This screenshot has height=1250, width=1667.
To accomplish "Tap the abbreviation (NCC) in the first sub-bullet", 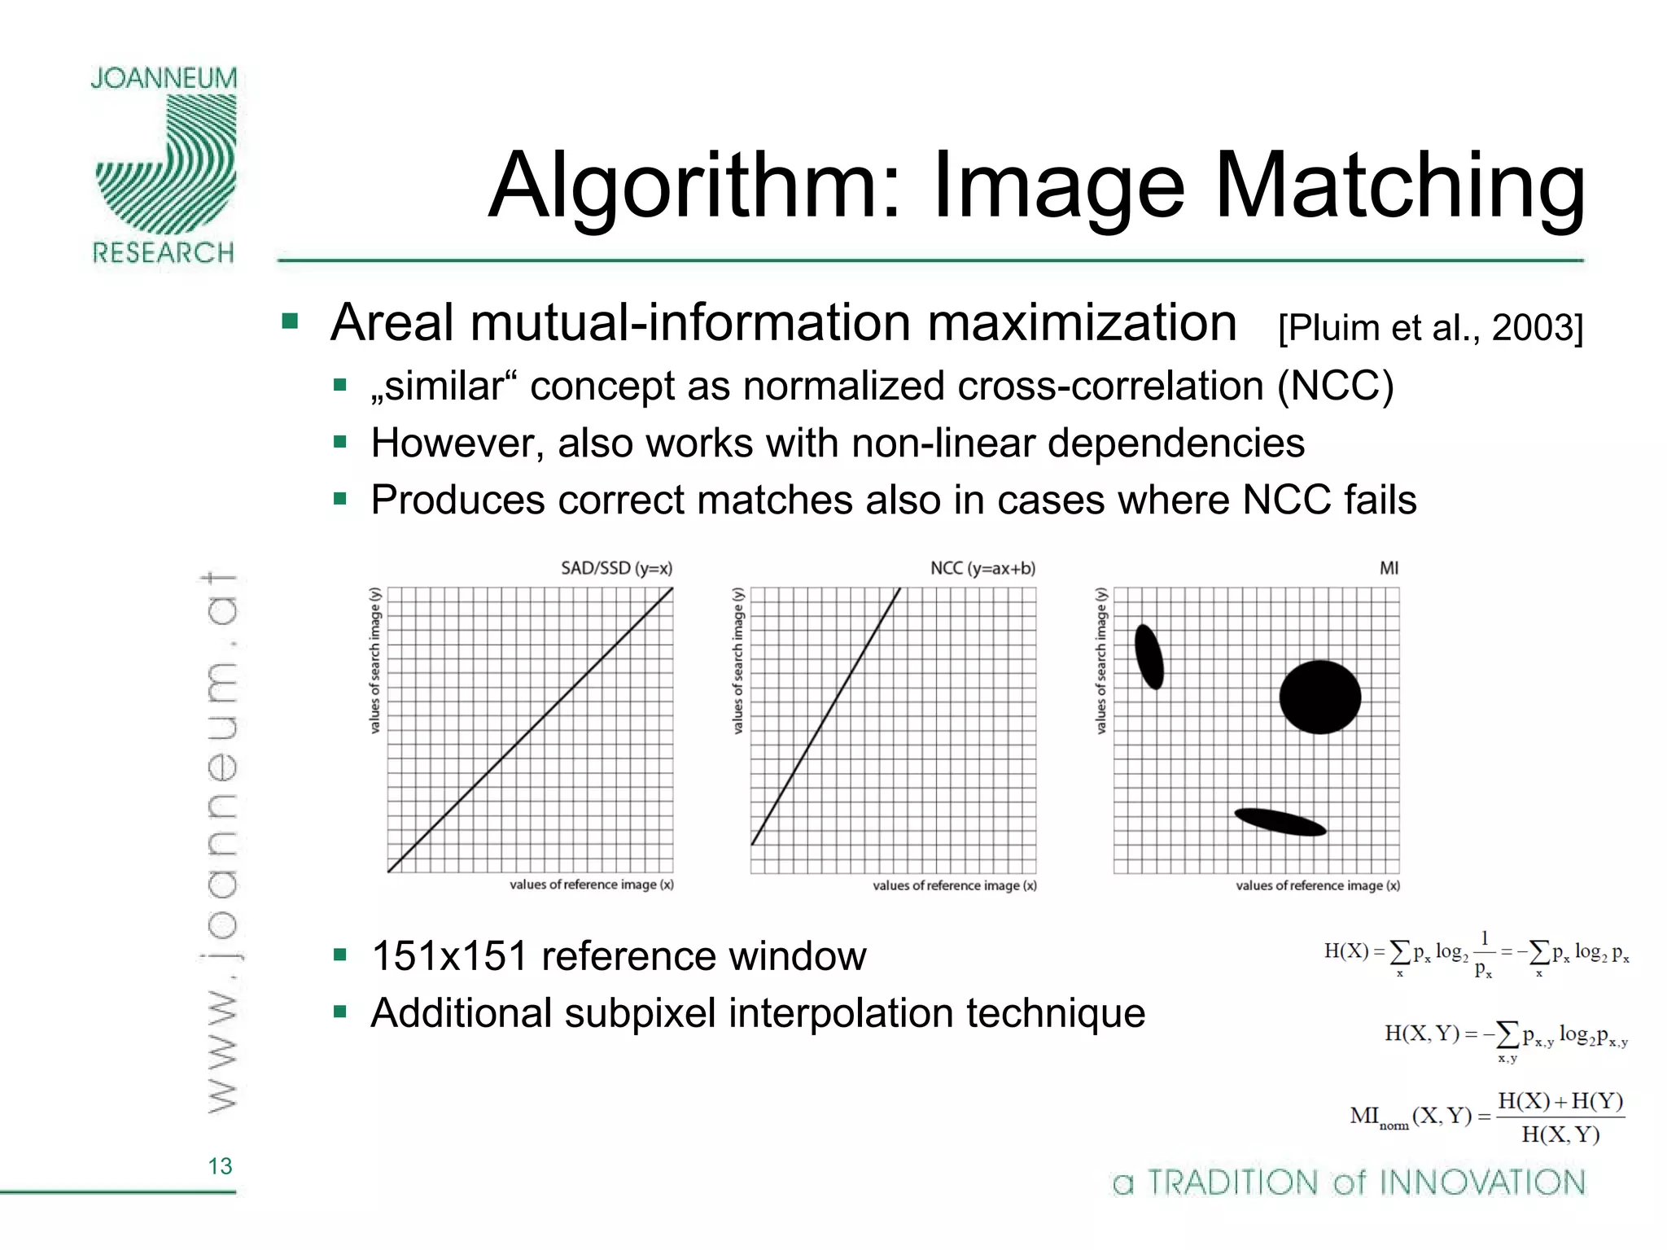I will click(x=1335, y=386).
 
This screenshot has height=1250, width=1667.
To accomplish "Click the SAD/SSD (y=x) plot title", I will click(x=616, y=568).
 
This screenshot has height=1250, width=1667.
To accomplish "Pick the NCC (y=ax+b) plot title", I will click(x=982, y=568).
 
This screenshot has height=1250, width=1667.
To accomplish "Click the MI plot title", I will click(x=1389, y=568).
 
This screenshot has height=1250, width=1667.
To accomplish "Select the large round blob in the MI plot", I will click(x=1319, y=697).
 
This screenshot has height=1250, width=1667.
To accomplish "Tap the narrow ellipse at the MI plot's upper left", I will click(x=1149, y=657).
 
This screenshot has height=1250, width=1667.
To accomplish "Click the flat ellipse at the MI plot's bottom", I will click(x=1280, y=822).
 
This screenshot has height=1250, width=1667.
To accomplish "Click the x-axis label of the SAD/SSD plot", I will click(x=592, y=885).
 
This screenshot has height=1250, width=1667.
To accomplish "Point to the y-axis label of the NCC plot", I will click(x=737, y=660).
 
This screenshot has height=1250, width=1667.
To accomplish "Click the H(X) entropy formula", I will click(x=1476, y=955).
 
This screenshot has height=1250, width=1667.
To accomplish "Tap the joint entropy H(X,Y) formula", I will click(x=1506, y=1038).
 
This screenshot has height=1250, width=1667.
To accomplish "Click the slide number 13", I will click(x=220, y=1166).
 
